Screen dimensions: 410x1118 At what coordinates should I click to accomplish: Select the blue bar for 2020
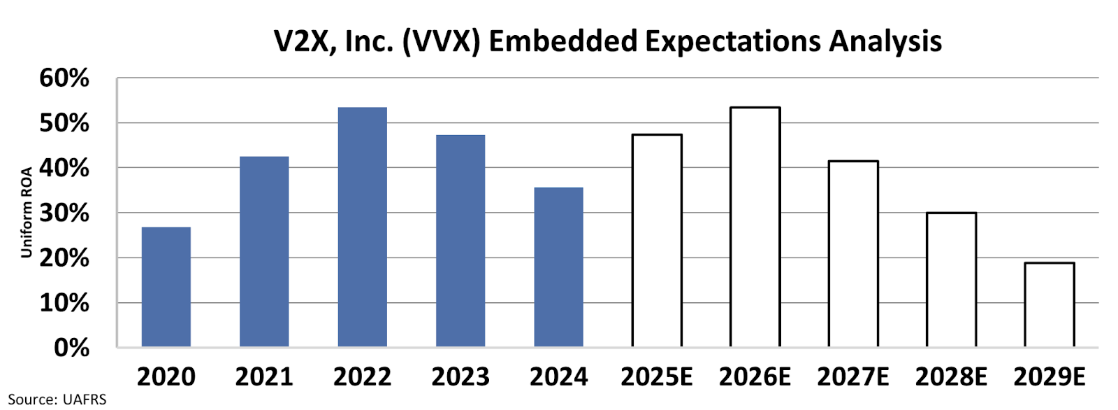point(166,287)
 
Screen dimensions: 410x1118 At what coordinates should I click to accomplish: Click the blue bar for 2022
point(362,227)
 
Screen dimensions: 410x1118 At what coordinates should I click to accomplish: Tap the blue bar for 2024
point(558,267)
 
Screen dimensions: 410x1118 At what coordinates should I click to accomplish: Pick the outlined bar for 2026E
point(755,227)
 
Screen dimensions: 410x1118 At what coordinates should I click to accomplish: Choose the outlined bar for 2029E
point(1049,304)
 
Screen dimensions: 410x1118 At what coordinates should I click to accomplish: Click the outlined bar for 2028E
point(951,279)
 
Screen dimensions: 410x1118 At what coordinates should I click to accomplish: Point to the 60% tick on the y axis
point(64,78)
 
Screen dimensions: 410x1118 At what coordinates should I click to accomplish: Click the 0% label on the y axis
point(71,348)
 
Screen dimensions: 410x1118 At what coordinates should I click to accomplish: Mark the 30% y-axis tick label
point(64,213)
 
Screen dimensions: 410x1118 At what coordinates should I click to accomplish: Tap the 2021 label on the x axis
point(264,377)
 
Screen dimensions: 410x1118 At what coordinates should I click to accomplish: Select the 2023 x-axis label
point(460,377)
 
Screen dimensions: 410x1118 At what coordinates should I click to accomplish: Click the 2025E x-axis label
point(657,377)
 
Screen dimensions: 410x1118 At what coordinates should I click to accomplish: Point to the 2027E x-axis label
point(853,377)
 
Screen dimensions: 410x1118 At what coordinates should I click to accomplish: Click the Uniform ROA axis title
point(27,213)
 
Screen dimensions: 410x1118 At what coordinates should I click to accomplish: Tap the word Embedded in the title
point(562,41)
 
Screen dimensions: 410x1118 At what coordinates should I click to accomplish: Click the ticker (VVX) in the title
point(441,41)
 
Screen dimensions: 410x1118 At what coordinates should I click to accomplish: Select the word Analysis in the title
point(885,41)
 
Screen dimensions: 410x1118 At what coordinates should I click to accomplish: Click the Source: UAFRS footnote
point(57,400)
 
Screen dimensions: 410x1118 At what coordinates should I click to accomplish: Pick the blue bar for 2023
point(460,241)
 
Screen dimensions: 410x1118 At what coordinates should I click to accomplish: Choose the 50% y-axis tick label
point(64,123)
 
